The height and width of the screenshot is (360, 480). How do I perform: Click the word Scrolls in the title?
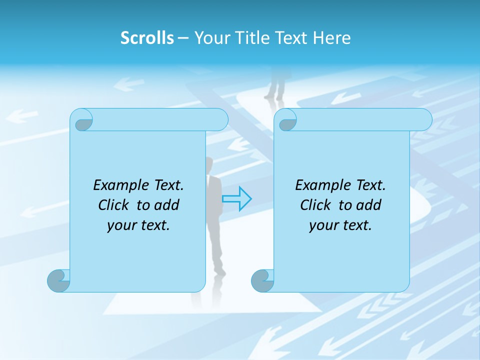(147, 38)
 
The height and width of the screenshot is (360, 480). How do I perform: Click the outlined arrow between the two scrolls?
(236, 198)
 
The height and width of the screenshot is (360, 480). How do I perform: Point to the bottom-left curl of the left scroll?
(58, 281)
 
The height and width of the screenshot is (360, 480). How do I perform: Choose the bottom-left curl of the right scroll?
(262, 281)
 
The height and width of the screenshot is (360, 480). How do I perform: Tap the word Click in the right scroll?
(315, 205)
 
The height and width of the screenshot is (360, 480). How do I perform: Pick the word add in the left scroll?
(166, 205)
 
